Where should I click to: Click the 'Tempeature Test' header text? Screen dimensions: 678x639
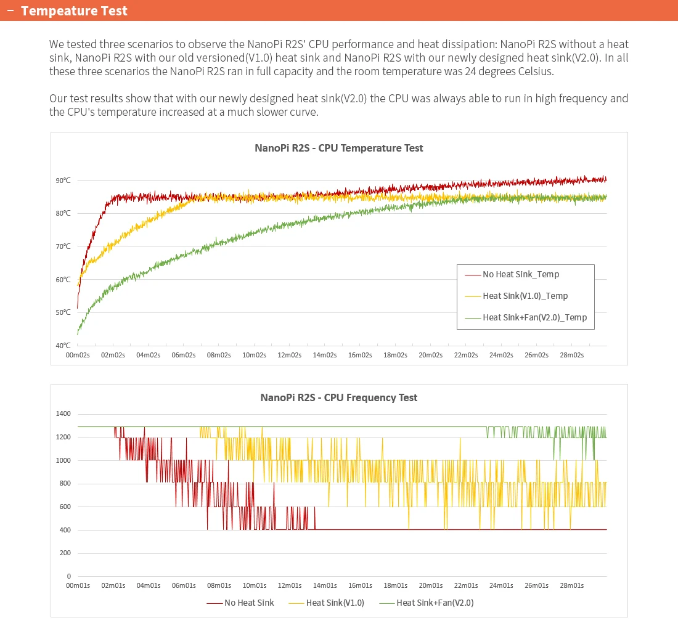click(x=74, y=11)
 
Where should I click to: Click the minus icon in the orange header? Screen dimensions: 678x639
click(x=11, y=10)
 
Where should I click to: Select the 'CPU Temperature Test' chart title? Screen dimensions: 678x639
click(x=370, y=148)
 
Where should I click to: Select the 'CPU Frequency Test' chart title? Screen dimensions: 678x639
click(x=370, y=397)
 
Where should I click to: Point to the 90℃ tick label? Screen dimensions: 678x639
click(x=63, y=181)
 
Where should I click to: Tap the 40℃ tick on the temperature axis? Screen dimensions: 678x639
click(x=63, y=346)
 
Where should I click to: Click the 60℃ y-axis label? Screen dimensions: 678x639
click(x=63, y=279)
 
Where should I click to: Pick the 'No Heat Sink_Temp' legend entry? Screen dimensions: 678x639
click(x=521, y=274)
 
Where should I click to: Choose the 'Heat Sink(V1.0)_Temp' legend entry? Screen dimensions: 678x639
click(x=525, y=296)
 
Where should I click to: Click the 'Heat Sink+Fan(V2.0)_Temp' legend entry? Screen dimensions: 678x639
click(x=534, y=317)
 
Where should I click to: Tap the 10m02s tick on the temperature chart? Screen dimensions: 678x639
click(x=254, y=355)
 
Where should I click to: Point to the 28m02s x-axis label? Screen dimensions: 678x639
click(x=571, y=355)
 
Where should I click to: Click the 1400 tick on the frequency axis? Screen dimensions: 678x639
click(x=63, y=413)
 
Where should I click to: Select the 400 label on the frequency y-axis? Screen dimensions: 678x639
click(x=65, y=529)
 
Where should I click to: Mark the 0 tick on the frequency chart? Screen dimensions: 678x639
click(x=69, y=576)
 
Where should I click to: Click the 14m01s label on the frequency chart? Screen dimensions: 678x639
click(x=325, y=585)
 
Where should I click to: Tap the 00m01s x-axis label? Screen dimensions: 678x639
click(x=78, y=585)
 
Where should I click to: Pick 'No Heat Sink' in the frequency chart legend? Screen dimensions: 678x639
click(x=249, y=603)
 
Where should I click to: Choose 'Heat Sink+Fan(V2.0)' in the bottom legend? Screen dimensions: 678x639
click(x=435, y=603)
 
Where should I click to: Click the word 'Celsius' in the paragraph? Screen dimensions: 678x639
click(x=535, y=71)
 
